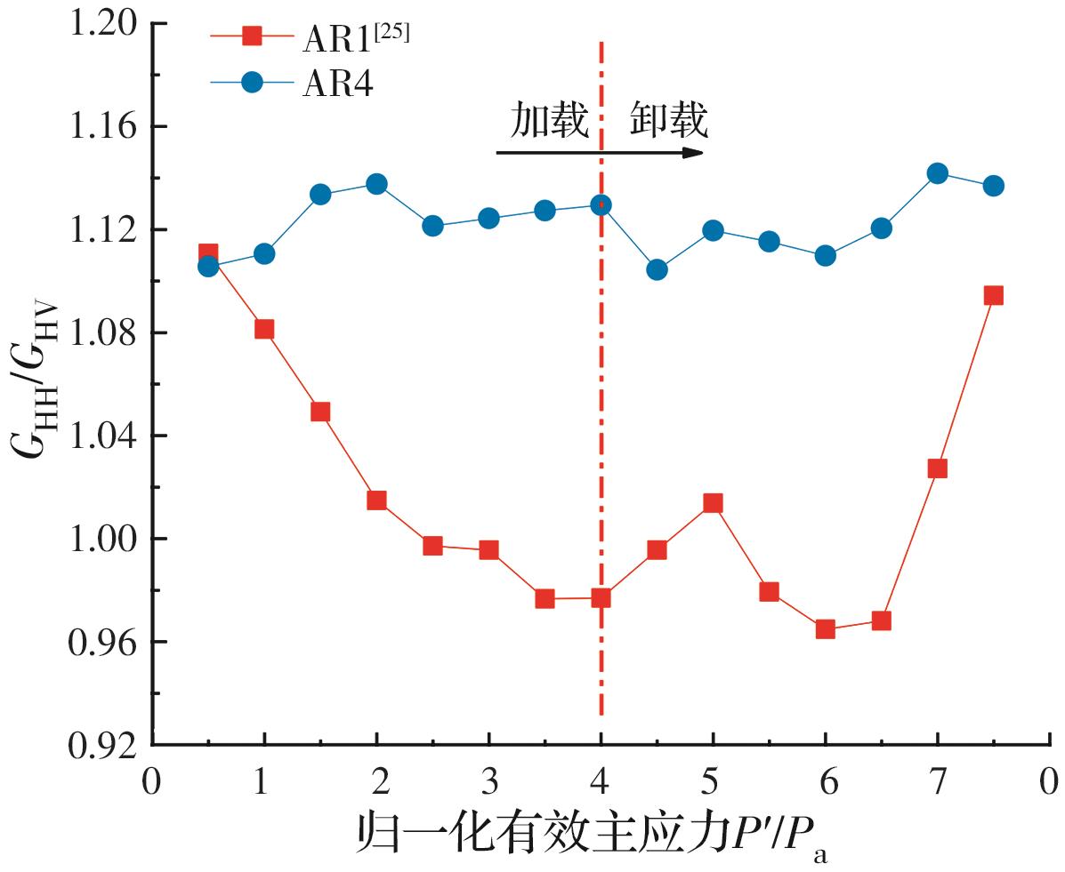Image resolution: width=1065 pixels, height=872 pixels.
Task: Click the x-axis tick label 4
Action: pos(601,782)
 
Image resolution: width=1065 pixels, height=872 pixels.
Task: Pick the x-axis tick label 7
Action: pos(937,782)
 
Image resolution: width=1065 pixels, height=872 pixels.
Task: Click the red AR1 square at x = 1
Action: pos(264,329)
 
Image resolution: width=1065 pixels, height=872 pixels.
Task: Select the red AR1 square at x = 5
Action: pos(713,503)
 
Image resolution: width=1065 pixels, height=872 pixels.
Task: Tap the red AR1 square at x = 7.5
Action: pos(993,295)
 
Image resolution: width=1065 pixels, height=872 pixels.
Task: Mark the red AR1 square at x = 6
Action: pos(825,629)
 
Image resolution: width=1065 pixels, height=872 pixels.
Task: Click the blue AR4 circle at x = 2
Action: pos(376,184)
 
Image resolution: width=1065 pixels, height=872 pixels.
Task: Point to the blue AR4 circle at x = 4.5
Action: pos(657,269)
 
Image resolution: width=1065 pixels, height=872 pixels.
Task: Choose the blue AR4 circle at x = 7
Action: pos(937,173)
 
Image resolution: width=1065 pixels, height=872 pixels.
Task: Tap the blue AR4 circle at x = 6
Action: pos(825,255)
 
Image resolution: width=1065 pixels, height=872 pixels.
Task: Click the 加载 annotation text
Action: pos(549,122)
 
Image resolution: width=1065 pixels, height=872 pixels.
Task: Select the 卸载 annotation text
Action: pos(669,122)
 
